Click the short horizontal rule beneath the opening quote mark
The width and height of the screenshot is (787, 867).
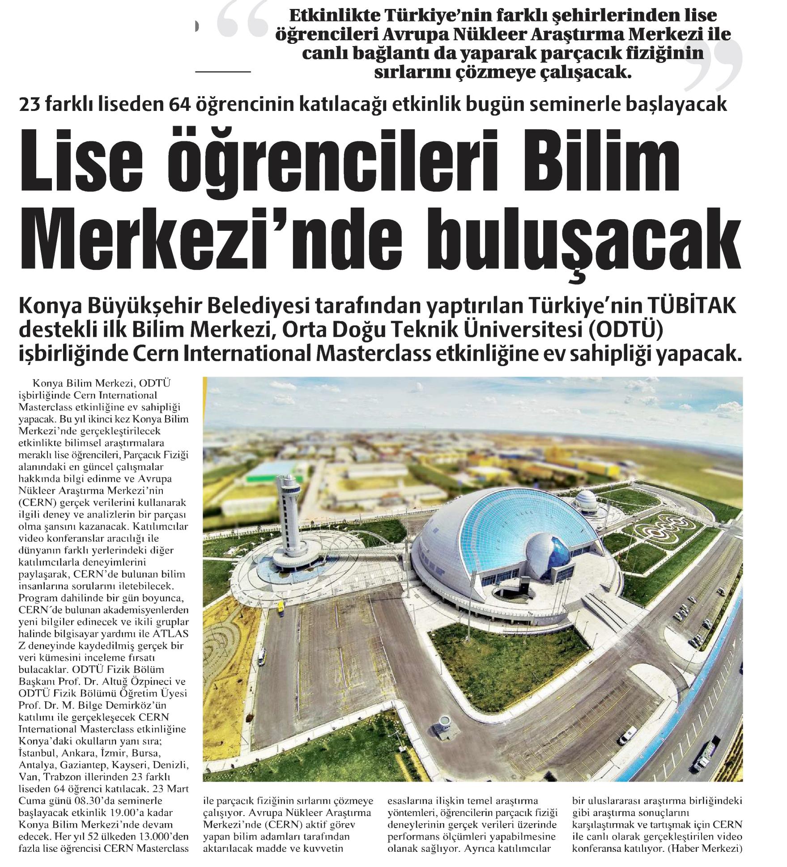pyautogui.click(x=223, y=71)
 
